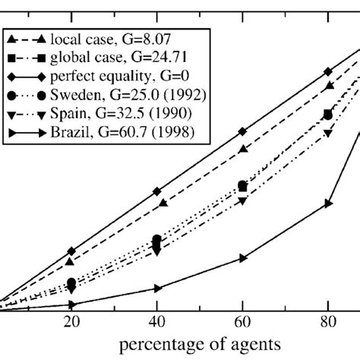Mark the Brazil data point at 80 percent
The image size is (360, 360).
(328, 203)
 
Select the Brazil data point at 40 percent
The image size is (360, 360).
(157, 288)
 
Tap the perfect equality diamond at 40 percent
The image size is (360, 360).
(157, 191)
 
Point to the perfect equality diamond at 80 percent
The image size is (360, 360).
(328, 71)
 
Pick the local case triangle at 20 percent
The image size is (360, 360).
(71, 261)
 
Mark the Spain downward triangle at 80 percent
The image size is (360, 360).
(328, 134)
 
